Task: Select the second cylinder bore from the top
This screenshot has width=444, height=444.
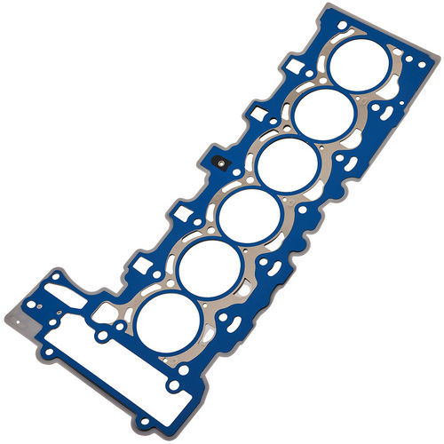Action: tap(323, 114)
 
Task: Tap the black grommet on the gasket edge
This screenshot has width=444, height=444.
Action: tap(218, 163)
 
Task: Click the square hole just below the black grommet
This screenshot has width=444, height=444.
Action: tap(185, 213)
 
